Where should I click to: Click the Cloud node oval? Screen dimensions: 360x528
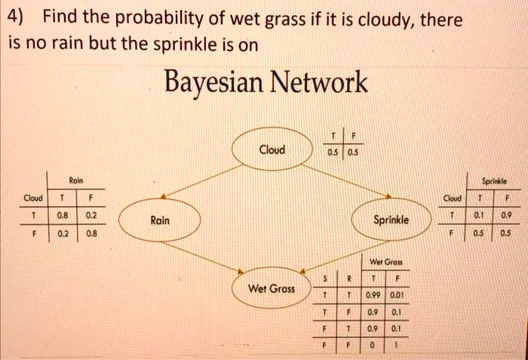tap(272, 149)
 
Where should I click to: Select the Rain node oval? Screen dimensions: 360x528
tap(160, 220)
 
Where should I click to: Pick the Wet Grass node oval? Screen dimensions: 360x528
tap(271, 288)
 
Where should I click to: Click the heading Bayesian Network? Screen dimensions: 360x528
tap(266, 82)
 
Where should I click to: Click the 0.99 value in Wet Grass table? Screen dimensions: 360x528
tap(374, 295)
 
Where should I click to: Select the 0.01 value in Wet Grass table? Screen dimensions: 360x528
tap(398, 295)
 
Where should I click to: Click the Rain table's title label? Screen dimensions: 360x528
tap(75, 181)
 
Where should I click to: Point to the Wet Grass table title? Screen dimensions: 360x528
tap(385, 263)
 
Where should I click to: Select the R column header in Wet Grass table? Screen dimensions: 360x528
tap(348, 278)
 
